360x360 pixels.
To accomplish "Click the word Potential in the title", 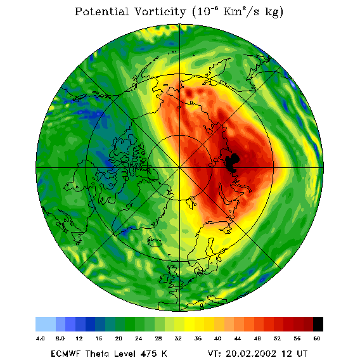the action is coord(101,11).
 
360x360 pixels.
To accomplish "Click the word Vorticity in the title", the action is coord(160,11).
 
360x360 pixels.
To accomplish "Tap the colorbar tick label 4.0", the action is coord(40,338).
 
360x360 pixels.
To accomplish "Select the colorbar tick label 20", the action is coord(119,338).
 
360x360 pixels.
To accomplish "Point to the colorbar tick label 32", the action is coord(178,338).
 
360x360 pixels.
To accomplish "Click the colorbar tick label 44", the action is coord(238,338).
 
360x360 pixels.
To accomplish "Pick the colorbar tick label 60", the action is coord(317,338).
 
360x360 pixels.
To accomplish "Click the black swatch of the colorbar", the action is coord(318,324).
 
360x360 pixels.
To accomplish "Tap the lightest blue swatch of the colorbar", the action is coord(46,324).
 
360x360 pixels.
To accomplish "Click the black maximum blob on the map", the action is coord(232,163).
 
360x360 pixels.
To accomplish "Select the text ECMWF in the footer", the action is coord(65,354).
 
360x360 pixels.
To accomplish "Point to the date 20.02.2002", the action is coord(251,354).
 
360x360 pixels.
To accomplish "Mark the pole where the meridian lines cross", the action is coord(180,168).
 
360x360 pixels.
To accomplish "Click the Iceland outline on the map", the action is coord(154,242).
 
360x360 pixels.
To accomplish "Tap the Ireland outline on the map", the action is coord(164,278).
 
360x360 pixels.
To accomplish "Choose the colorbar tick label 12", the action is coord(79,338).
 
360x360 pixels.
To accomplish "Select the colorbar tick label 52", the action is coord(277,338).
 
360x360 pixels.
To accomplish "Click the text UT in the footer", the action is coord(302,354).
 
